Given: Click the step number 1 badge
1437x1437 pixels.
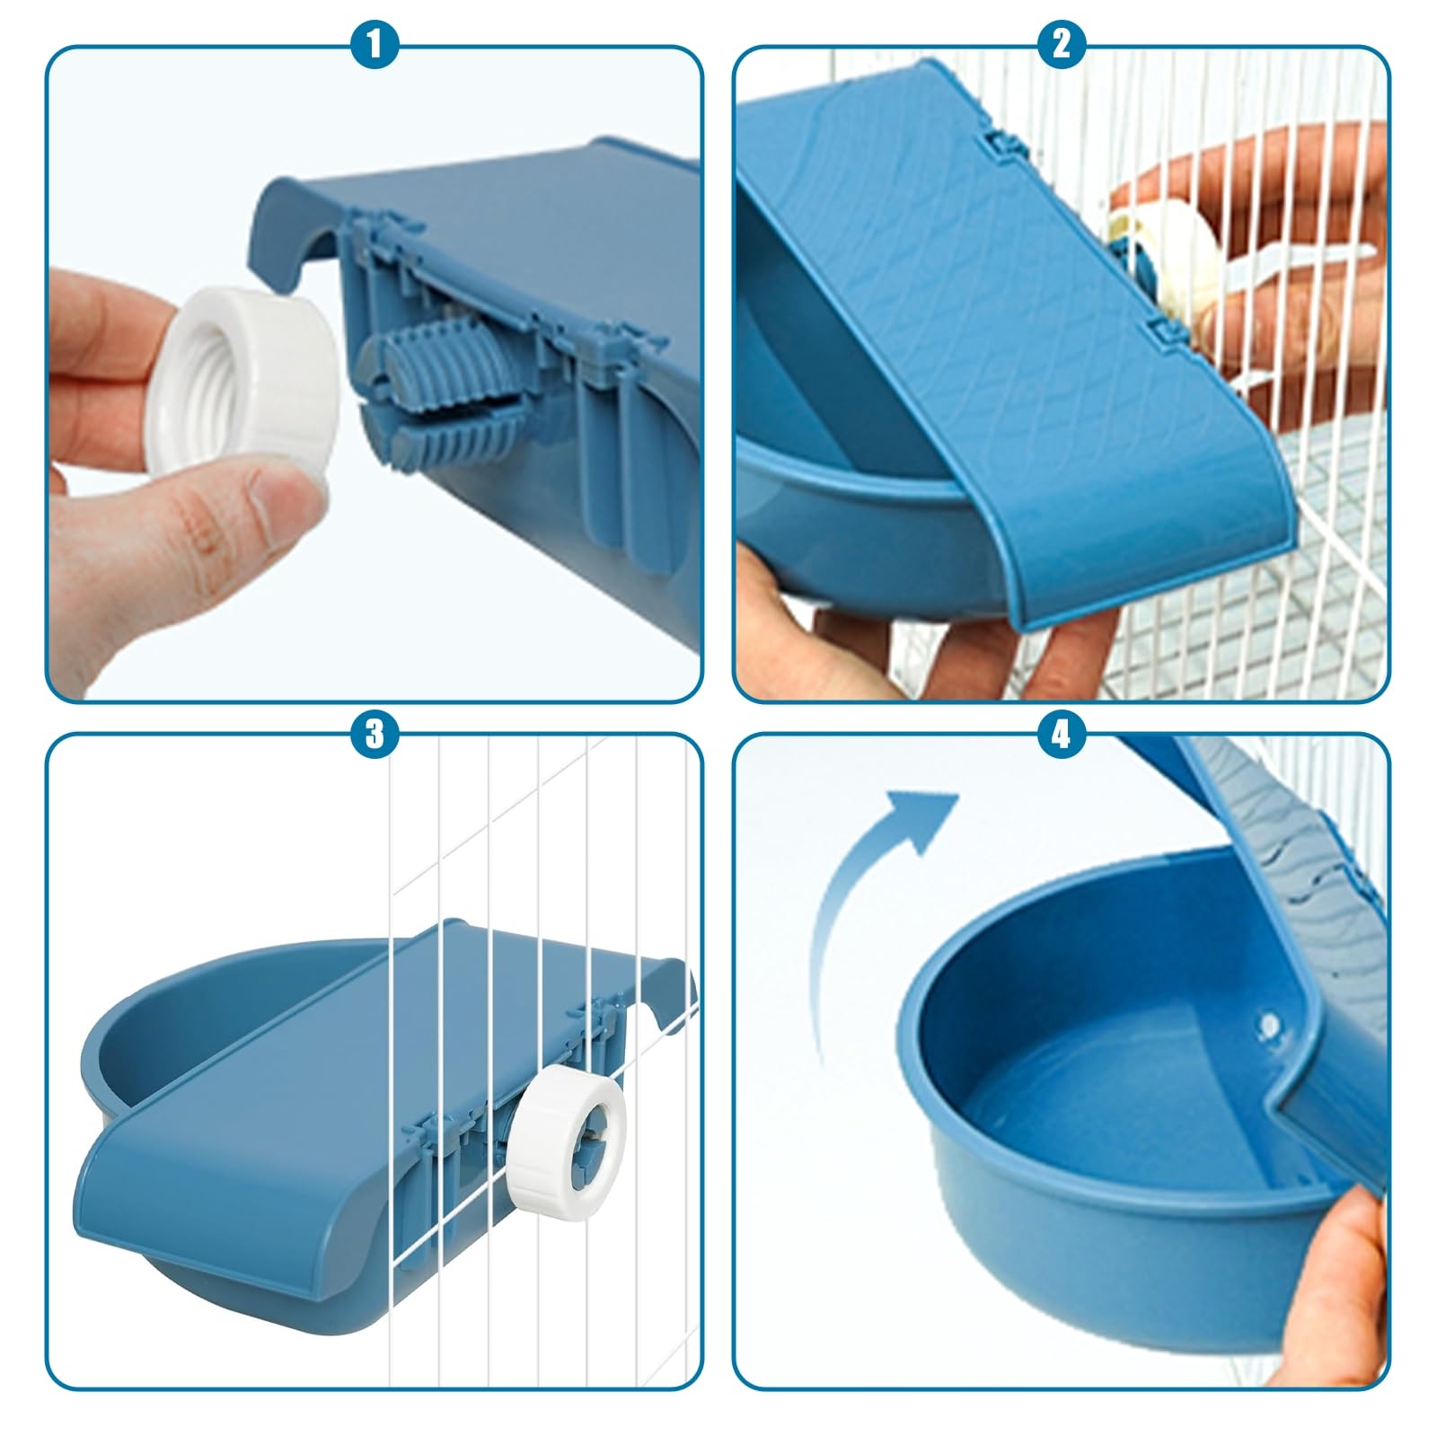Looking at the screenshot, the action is pyautogui.click(x=375, y=44).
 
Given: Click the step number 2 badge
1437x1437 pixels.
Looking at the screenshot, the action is pyautogui.click(x=1062, y=44).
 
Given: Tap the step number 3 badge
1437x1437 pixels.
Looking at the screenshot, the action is pyautogui.click(x=375, y=734).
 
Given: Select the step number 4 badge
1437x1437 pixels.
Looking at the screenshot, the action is pyautogui.click(x=1062, y=734).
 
